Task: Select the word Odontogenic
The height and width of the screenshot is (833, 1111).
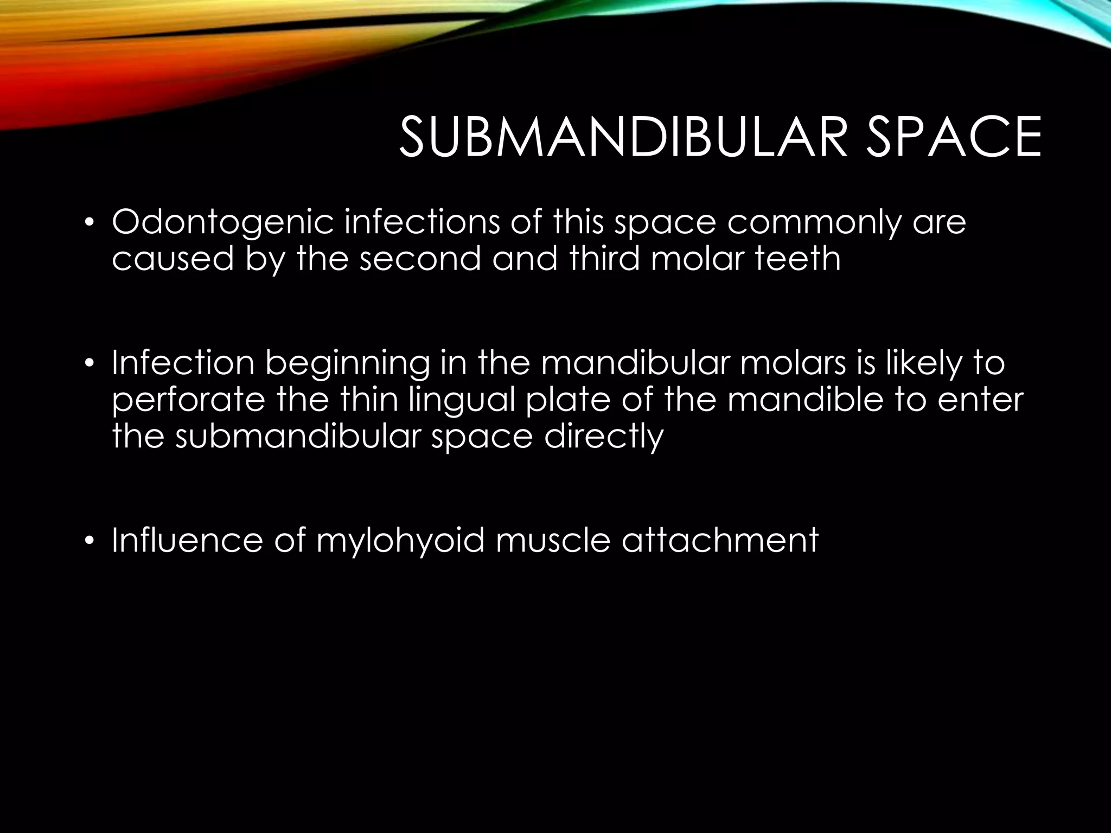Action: coord(222,223)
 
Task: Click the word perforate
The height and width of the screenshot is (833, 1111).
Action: coord(188,399)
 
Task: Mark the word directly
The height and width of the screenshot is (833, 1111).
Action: coord(604,435)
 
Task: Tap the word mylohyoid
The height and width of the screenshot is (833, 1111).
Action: coord(400,541)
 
